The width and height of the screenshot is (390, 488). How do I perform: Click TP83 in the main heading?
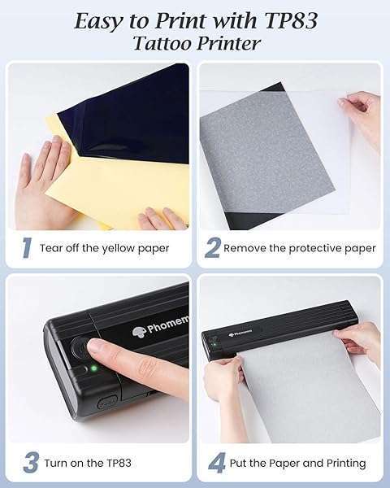click(291, 21)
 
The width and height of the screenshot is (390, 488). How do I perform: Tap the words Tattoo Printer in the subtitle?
click(197, 43)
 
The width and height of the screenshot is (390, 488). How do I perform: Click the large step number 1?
click(27, 247)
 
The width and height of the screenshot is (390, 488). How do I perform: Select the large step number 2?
click(212, 247)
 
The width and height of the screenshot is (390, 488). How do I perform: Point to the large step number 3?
click(31, 463)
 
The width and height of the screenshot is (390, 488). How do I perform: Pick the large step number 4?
click(216, 463)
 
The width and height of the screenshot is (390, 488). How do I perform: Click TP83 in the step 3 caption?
click(119, 463)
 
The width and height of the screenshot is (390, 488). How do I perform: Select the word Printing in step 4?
click(346, 464)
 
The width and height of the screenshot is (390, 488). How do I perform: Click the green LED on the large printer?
click(93, 368)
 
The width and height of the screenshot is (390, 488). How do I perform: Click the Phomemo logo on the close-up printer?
click(161, 325)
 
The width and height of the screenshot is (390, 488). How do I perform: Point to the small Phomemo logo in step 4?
click(240, 334)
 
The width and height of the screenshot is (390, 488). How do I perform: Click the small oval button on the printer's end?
click(106, 402)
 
